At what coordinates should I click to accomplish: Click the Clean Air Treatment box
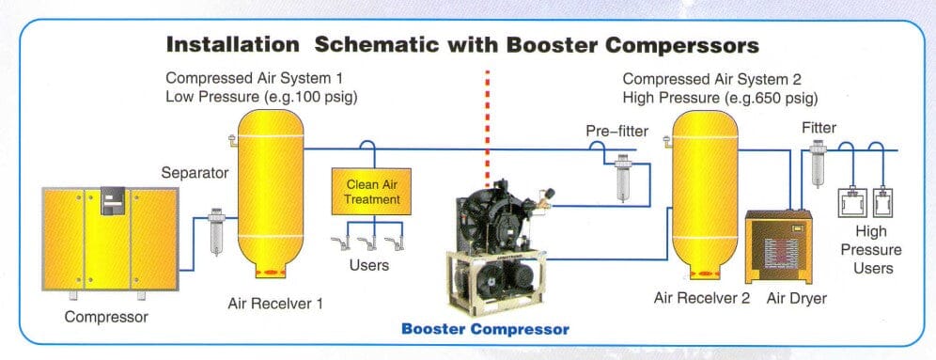click(x=373, y=192)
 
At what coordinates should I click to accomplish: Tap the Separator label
click(x=195, y=173)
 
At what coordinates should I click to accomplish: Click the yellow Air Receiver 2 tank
click(x=700, y=193)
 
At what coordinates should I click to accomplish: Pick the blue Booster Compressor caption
click(x=485, y=330)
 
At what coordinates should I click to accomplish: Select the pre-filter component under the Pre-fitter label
click(x=622, y=179)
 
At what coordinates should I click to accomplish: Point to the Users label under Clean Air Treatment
click(x=369, y=265)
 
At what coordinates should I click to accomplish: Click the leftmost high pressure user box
click(x=852, y=204)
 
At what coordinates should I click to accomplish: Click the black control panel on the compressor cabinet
click(x=114, y=199)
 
